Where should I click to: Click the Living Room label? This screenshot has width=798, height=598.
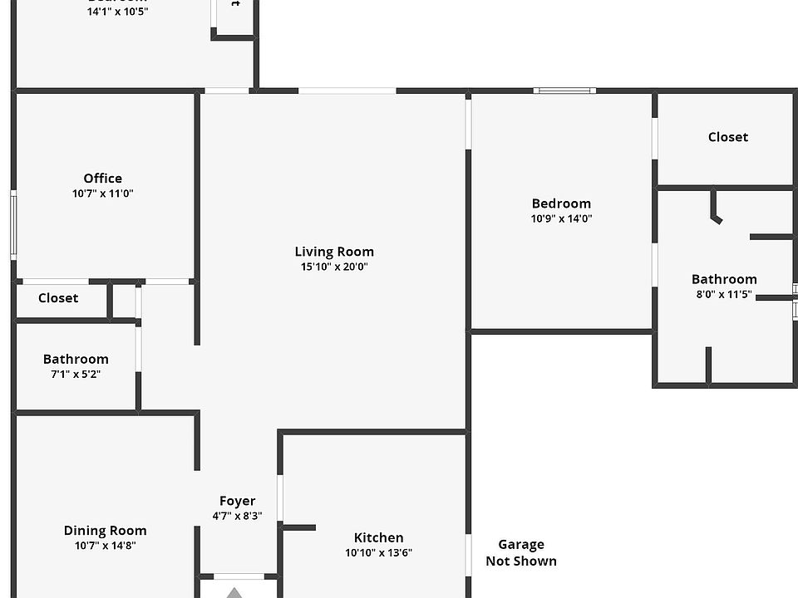[334, 252]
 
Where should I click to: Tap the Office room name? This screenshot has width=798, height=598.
[103, 179]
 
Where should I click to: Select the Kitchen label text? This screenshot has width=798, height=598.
[378, 538]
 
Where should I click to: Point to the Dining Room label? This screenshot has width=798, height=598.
[105, 531]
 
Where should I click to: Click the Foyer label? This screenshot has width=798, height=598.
[237, 501]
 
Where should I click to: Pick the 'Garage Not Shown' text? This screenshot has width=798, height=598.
[521, 552]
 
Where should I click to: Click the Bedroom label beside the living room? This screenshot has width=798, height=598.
[561, 203]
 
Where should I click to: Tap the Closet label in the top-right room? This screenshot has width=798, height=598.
[727, 137]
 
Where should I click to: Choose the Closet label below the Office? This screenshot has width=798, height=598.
[58, 298]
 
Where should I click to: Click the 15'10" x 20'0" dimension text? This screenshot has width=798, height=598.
[334, 267]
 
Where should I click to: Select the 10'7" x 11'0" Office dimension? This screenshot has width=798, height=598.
[103, 194]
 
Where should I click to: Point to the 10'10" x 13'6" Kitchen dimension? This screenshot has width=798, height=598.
[378, 553]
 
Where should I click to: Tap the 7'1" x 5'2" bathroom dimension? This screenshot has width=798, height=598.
[76, 375]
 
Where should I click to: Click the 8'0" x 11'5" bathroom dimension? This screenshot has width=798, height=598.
[724, 294]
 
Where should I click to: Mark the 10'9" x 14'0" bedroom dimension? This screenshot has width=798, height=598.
[561, 218]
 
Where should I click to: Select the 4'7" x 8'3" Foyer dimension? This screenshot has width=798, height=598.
[237, 516]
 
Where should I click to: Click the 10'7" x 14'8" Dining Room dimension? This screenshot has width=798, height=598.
[105, 546]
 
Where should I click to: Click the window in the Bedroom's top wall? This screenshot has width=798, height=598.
[564, 90]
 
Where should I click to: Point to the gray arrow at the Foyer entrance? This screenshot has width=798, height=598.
[235, 592]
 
